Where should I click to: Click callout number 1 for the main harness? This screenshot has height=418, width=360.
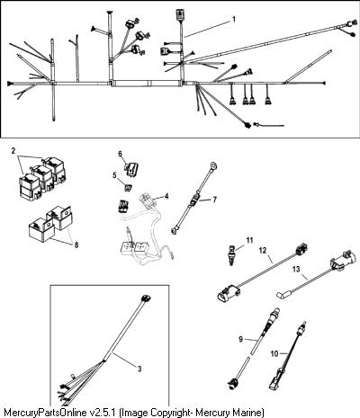(x=234, y=19)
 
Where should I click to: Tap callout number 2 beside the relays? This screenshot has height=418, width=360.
(x=13, y=151)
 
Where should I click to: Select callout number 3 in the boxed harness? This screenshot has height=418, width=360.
(x=139, y=369)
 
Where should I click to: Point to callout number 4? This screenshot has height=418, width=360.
(x=166, y=196)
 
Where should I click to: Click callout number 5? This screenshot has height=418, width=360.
(x=115, y=175)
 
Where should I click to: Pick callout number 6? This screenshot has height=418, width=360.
(x=120, y=154)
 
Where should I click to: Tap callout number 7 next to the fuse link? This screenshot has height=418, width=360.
(x=214, y=200)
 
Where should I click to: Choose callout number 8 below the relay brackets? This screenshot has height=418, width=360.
(x=76, y=245)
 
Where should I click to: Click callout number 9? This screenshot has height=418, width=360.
(x=240, y=340)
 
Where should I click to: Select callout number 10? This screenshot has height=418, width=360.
(x=274, y=354)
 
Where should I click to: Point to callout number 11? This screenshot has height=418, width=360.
(x=249, y=240)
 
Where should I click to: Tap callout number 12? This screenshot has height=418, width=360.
(x=263, y=251)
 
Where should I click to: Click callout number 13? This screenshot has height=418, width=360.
(x=296, y=270)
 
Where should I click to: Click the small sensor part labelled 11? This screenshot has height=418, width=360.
(x=231, y=254)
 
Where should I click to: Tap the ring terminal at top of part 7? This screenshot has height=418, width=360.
(x=213, y=165)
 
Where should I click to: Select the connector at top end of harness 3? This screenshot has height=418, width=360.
(x=146, y=299)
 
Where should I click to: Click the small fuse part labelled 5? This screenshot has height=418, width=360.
(x=127, y=188)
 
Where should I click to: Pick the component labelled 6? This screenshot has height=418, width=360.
(x=132, y=168)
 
